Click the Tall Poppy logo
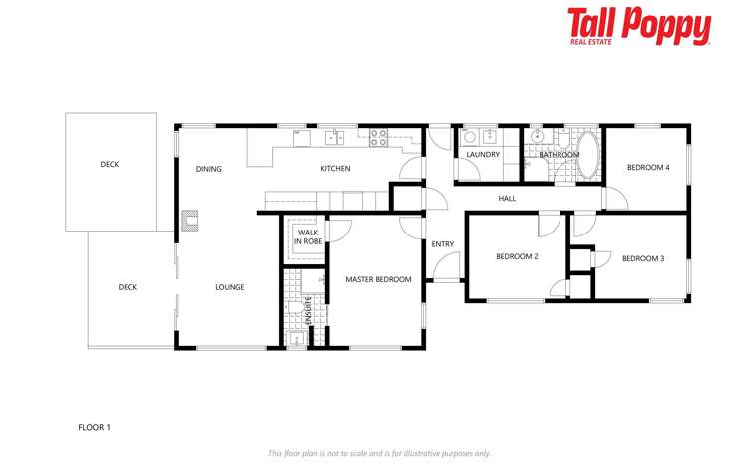click(638, 27)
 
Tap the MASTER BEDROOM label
click(378, 280)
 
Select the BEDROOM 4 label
click(647, 168)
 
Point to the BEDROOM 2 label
click(517, 257)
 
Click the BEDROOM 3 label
click(643, 259)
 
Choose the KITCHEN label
click(335, 169)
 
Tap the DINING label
click(208, 169)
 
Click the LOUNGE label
click(230, 288)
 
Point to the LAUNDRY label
click(483, 155)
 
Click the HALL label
click(507, 199)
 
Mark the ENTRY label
click(442, 244)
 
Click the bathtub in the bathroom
click(589, 155)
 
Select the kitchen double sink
click(334, 137)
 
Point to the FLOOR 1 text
click(94, 427)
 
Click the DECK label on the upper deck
click(110, 165)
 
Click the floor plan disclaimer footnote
click(379, 453)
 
